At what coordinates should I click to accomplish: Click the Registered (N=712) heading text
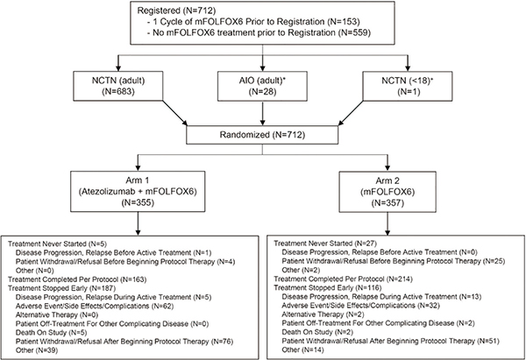[172, 11]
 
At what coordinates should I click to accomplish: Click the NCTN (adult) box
[118, 86]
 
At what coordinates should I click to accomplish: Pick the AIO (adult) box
[262, 86]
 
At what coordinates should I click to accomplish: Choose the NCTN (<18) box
[408, 86]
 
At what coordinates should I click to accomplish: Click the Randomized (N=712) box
[262, 135]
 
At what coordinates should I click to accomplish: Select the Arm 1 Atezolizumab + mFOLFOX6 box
[138, 192]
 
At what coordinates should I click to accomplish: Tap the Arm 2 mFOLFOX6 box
[387, 192]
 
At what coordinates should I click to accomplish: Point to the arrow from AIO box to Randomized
[262, 113]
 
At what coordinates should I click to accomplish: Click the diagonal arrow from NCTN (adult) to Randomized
[174, 113]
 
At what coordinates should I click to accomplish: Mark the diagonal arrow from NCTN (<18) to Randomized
[351, 113]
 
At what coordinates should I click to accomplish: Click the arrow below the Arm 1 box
[138, 223]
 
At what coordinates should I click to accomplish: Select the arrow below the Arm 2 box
[387, 223]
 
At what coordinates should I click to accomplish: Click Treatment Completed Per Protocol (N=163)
[77, 279]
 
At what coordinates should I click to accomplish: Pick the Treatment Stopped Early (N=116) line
[328, 287]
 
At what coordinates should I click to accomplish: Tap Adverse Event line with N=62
[95, 306]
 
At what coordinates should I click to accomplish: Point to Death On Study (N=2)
[307, 332]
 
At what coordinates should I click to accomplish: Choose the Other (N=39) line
[37, 350]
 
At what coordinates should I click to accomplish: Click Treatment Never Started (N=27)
[326, 244]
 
